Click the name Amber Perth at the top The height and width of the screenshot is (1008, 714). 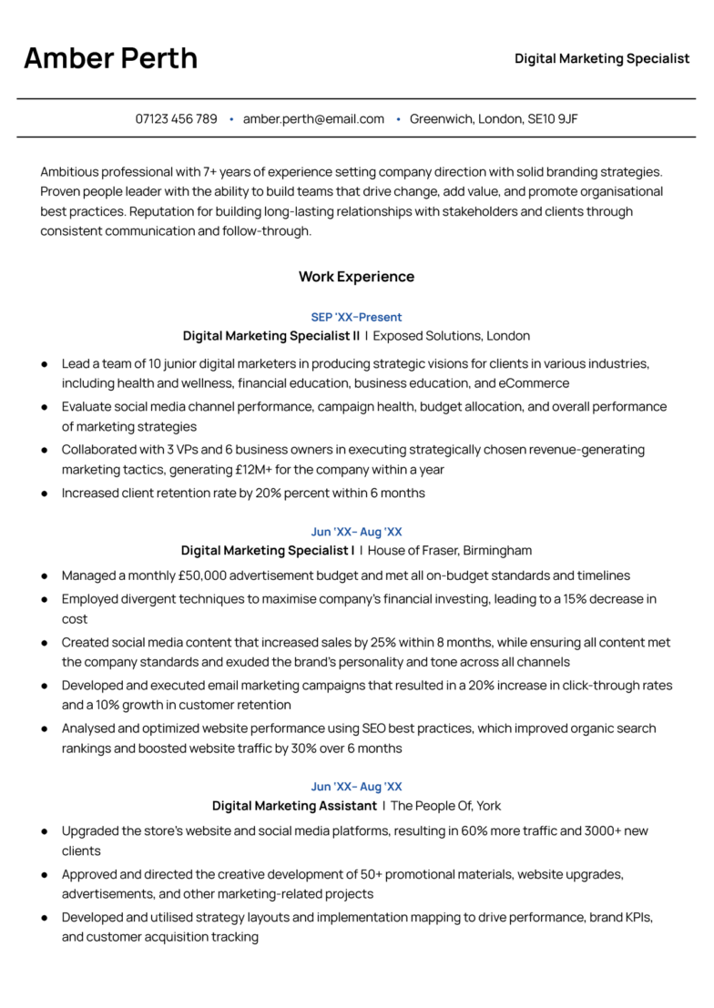[x=110, y=58]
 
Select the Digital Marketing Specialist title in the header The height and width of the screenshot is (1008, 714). [x=602, y=58]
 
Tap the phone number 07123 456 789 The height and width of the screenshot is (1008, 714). [x=177, y=118]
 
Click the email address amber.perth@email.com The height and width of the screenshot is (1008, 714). [x=313, y=118]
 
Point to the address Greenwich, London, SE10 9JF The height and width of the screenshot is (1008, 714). [x=494, y=118]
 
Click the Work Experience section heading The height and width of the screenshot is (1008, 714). [x=356, y=277]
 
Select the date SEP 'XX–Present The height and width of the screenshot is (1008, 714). [x=356, y=317]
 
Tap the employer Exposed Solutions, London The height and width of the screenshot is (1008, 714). [x=452, y=336]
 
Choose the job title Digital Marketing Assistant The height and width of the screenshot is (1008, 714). [x=294, y=806]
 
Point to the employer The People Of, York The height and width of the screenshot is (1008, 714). [x=445, y=806]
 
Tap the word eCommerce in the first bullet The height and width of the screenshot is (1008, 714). [x=535, y=383]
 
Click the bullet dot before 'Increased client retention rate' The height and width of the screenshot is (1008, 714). [x=45, y=494]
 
